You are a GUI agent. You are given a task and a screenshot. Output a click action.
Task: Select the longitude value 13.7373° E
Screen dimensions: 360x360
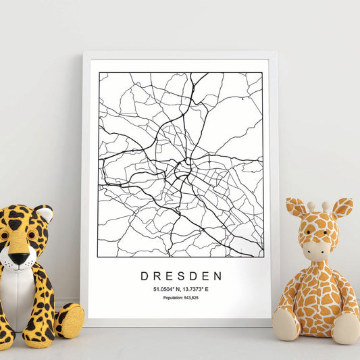pyautogui.click(x=197, y=289)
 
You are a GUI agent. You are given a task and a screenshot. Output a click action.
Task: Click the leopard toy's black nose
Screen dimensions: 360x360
pyautogui.click(x=19, y=258)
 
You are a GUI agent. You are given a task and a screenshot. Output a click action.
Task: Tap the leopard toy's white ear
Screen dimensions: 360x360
pyautogui.click(x=44, y=214)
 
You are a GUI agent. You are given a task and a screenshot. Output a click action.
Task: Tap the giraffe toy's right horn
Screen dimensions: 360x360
pyautogui.click(x=326, y=205)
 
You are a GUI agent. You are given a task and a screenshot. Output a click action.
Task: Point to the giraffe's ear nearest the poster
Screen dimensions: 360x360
pyautogui.click(x=295, y=208)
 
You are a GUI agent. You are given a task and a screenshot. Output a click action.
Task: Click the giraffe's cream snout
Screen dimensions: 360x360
pyautogui.click(x=315, y=251)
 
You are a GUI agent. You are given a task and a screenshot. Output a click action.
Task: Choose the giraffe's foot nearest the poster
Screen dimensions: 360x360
pyautogui.click(x=286, y=324)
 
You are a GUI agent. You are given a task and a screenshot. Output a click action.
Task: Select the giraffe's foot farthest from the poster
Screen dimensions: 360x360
pyautogui.click(x=346, y=328)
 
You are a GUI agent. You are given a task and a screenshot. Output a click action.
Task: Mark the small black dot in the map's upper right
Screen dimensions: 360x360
pyautogui.click(x=242, y=99)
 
